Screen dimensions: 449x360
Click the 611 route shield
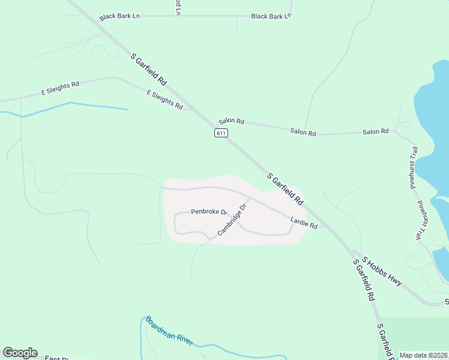pos(221,133)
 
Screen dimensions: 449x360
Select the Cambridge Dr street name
pos(233,220)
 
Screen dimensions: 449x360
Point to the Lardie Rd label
pos(304,224)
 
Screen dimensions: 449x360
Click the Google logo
pos(20,353)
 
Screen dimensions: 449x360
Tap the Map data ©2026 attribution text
pos(424,355)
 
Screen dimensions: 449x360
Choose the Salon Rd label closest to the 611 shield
pos(231,121)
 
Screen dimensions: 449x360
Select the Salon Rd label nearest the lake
pos(376,131)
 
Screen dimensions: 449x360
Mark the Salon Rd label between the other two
pos(303,132)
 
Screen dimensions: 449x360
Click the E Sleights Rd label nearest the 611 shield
pos(164,99)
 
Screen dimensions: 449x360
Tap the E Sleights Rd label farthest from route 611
pos(60,89)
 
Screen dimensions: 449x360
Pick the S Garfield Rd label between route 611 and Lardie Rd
pos(285,188)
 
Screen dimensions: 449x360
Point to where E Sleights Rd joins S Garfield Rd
pos(193,110)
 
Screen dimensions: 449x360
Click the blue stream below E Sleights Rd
pos(90,106)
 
